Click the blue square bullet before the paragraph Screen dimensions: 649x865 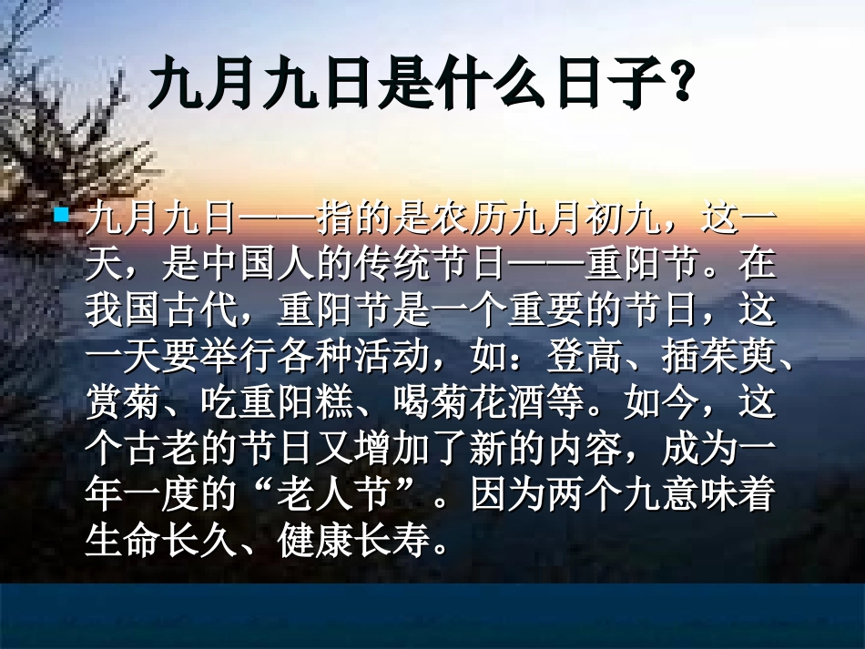[62, 216]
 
